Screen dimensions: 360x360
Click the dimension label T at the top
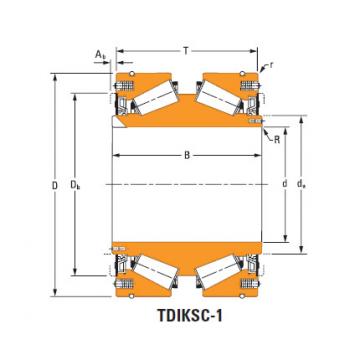(186, 51)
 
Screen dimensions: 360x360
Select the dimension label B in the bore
(187, 155)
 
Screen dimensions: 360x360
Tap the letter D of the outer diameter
(55, 185)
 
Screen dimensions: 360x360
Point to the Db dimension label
(75, 185)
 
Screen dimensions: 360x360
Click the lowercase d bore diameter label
(284, 184)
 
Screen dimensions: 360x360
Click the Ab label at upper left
(100, 54)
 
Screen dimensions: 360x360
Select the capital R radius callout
(277, 140)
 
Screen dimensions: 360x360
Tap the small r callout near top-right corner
(271, 65)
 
